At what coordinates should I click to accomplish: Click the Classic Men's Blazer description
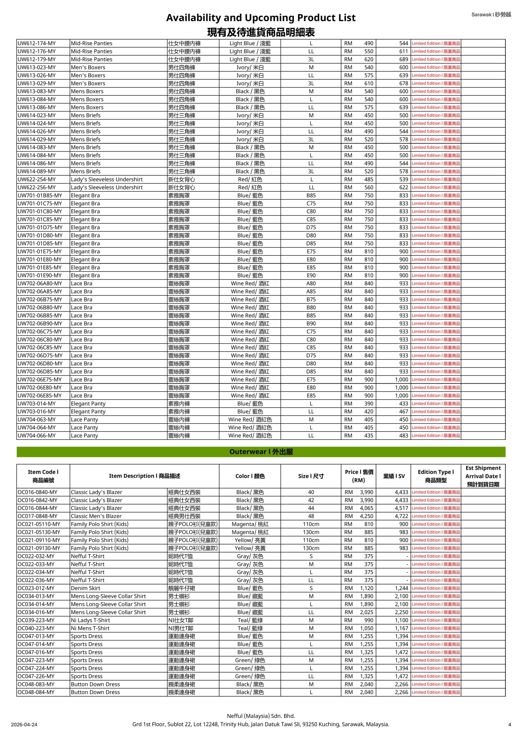[x=96, y=516]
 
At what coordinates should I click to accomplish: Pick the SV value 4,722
[x=401, y=516]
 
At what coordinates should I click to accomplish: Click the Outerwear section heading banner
[x=261, y=451]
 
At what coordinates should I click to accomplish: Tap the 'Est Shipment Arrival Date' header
[x=483, y=476]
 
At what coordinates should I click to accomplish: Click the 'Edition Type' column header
[x=435, y=476]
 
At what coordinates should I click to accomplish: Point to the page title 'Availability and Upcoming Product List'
[x=261, y=18]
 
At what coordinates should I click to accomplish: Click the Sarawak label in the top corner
[x=491, y=14]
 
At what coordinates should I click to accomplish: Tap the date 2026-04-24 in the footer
[x=24, y=725]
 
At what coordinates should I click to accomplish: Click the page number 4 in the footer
[x=510, y=725]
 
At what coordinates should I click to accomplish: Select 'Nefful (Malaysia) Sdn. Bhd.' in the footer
[x=261, y=716]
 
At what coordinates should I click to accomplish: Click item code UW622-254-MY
[x=37, y=180]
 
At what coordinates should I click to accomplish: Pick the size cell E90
[x=311, y=275]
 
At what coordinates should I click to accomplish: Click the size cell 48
[x=311, y=516]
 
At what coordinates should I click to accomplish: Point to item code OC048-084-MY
[x=36, y=692]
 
